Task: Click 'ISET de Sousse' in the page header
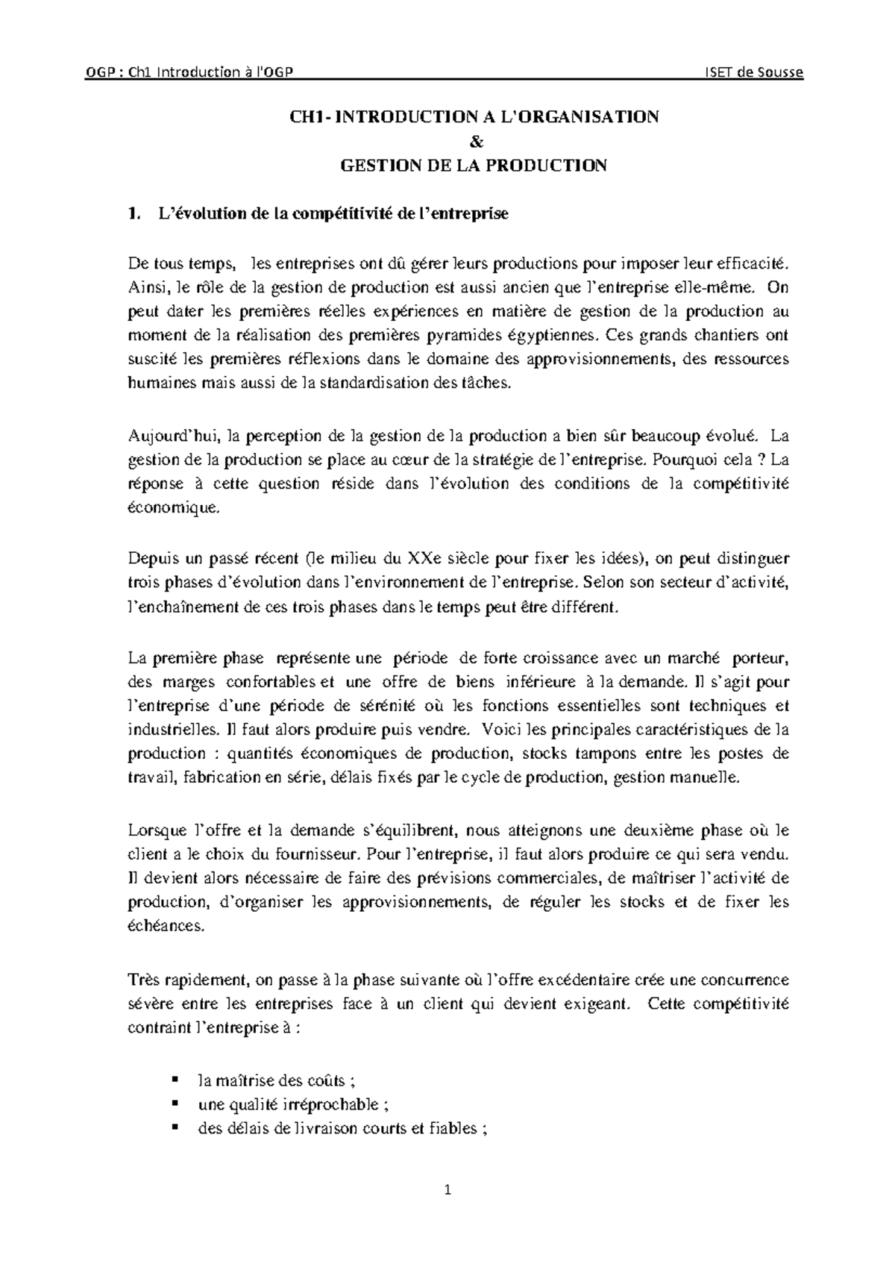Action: [755, 72]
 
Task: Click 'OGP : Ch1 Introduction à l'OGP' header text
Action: [191, 72]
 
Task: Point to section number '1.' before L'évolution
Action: [134, 214]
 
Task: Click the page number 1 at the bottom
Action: [448, 1191]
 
